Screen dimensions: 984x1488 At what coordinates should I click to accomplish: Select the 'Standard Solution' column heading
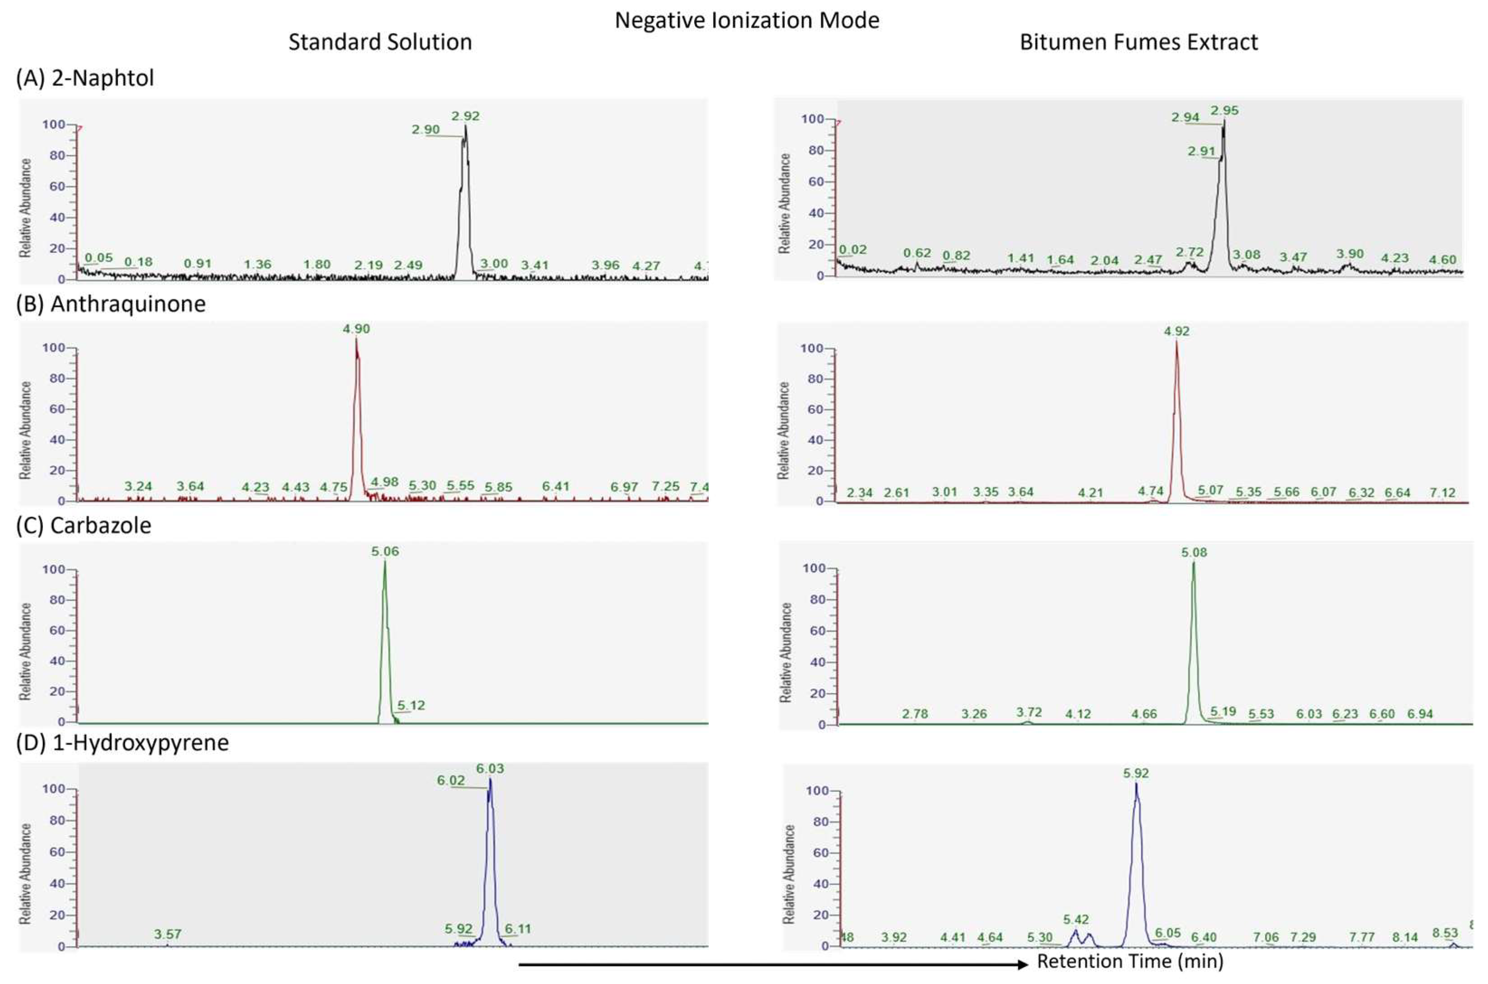click(380, 42)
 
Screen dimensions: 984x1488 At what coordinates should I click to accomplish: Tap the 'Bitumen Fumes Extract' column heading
click(1138, 42)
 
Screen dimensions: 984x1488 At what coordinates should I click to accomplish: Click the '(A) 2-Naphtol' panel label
click(85, 78)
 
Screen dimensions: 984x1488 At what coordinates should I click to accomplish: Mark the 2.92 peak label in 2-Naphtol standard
click(465, 116)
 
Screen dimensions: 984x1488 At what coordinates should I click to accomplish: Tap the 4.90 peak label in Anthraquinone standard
click(356, 329)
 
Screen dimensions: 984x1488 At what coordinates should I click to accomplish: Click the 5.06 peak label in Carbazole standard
click(385, 551)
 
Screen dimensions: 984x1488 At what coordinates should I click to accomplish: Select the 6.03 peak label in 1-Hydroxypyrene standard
click(490, 769)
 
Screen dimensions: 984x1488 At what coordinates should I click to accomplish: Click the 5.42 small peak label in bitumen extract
click(1076, 919)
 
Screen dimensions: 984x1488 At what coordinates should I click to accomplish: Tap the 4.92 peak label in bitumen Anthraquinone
click(1176, 331)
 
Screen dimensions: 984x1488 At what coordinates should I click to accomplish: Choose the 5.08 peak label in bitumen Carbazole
click(1194, 553)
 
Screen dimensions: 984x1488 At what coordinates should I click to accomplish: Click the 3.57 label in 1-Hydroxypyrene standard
click(168, 934)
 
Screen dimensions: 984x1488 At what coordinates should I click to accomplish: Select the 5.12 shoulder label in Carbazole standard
click(411, 706)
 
